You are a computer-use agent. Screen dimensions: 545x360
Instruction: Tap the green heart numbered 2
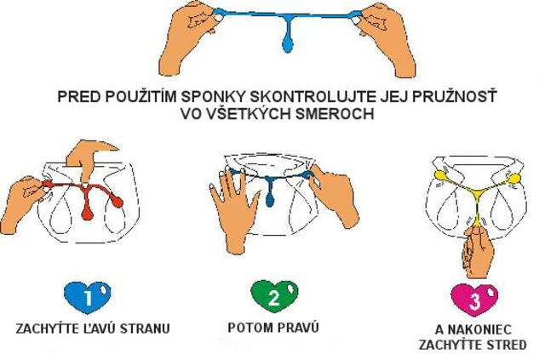coord(274,296)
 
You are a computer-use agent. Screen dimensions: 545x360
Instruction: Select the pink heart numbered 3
coord(474,300)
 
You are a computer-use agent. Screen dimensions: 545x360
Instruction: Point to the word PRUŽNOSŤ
coord(454,96)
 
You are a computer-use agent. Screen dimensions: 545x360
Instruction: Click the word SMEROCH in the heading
coord(335,114)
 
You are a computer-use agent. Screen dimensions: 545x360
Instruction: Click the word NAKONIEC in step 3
coord(479,329)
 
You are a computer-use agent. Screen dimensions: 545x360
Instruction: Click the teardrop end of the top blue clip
coord(288,43)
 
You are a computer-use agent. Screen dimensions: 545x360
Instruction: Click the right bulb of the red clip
coord(117,201)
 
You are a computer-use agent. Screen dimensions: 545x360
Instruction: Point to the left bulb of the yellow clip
coord(439,175)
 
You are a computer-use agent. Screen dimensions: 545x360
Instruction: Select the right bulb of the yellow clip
coord(514,179)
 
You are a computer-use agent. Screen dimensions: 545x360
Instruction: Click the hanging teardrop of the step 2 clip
coord(270,200)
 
